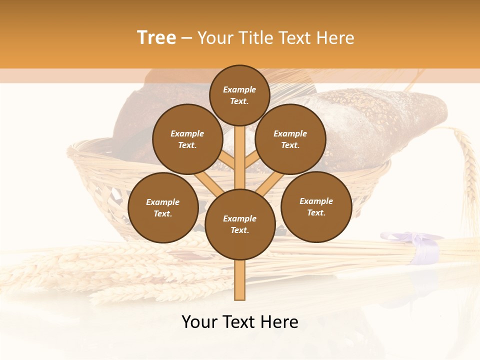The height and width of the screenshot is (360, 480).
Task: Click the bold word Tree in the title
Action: pos(156,37)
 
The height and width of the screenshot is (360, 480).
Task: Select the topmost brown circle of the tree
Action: pos(239,95)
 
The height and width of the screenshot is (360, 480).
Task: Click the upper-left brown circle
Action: pos(187,139)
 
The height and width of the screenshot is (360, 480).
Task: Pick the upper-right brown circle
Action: pos(290,139)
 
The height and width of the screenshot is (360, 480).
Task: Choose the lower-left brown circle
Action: pos(163,207)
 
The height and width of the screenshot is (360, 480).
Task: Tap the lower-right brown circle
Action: pos(316,206)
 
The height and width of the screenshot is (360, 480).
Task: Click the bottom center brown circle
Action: pos(240,224)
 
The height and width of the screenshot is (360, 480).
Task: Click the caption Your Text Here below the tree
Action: pos(240,322)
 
